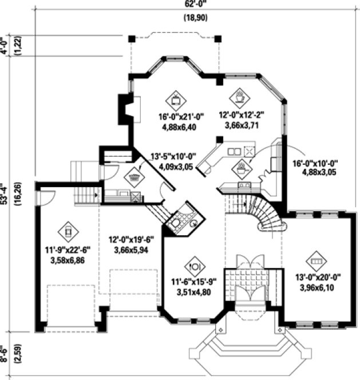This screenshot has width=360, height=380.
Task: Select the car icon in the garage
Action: click(68, 231)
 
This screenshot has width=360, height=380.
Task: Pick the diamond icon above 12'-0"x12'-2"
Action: click(240, 94)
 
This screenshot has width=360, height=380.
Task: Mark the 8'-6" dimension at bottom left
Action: click(4, 355)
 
